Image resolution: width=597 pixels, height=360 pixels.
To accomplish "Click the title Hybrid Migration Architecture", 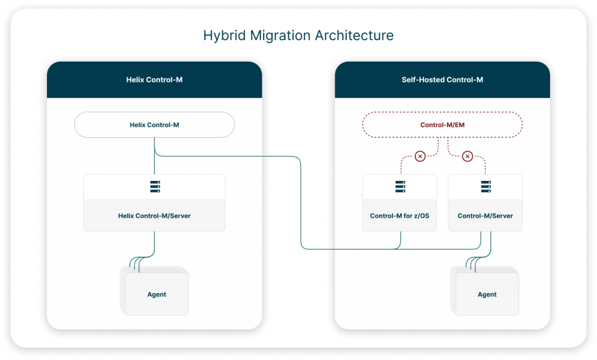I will pos(298,36).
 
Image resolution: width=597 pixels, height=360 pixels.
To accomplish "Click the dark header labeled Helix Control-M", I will pos(154,80).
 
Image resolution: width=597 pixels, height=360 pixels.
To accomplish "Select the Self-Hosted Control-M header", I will pos(442,80).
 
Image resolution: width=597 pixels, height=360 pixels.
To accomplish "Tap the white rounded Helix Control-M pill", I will pos(154,125).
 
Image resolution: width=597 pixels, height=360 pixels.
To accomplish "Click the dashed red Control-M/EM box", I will pos(442,125).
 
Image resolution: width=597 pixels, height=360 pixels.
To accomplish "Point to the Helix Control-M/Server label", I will pos(154,216).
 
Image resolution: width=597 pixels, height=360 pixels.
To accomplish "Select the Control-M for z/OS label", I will pos(399,216).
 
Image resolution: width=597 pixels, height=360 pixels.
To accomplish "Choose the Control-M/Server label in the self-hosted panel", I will pos(485,216).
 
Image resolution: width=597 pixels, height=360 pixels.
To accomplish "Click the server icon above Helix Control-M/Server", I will pos(154,187).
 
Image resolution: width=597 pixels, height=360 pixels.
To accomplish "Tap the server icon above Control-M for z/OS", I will pos(399,187).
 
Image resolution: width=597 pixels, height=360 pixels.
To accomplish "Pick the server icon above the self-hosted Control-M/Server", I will pos(485,187).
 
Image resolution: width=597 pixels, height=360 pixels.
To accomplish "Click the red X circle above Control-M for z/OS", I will pos(420,156).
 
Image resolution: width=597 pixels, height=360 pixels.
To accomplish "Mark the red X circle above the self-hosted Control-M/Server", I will pos(467,156).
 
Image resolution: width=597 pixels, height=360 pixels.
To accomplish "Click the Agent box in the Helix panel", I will pos(157,294).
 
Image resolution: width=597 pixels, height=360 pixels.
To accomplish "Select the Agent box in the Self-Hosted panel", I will pos(487,294).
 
